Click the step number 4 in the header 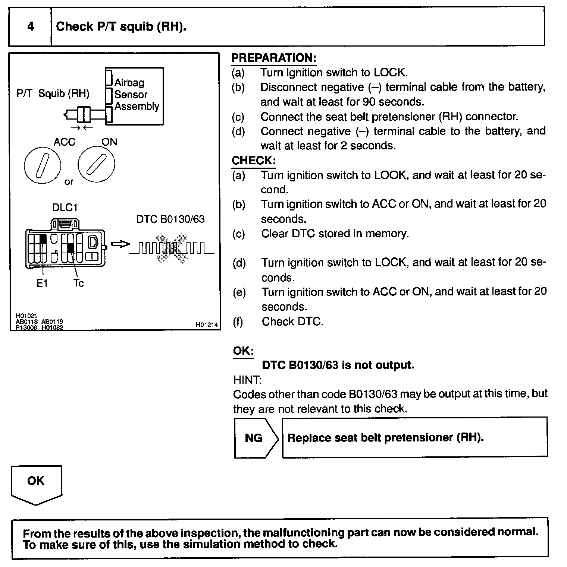pos(31,26)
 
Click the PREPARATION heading pos(274,58)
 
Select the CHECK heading pos(254,161)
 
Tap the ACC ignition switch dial pos(42,165)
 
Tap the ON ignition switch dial pos(96,164)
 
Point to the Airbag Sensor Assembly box pos(134,96)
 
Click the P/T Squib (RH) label pos(53,94)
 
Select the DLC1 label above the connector pos(65,208)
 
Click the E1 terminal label pos(42,283)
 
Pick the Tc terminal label pos(79,283)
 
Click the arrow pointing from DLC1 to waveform pos(120,244)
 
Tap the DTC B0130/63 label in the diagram pos(170,219)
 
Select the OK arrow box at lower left pos(36,484)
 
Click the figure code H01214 pos(207,325)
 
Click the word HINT pos(247,380)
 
